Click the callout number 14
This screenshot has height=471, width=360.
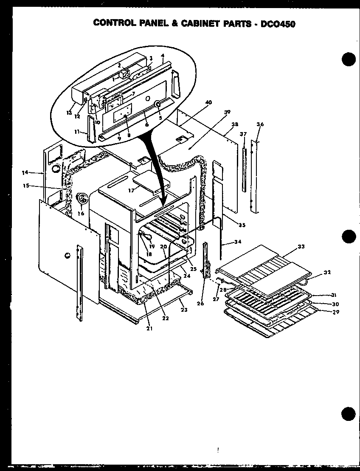(x=25, y=172)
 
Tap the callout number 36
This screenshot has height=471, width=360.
(x=260, y=124)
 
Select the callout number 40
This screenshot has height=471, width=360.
(x=208, y=102)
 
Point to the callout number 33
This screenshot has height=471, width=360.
(x=301, y=246)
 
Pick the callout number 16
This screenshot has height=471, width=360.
(x=81, y=213)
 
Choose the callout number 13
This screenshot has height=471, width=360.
(x=69, y=113)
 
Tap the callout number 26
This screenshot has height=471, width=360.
(x=201, y=303)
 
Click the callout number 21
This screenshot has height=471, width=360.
(x=149, y=327)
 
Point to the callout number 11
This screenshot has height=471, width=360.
(x=77, y=132)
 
